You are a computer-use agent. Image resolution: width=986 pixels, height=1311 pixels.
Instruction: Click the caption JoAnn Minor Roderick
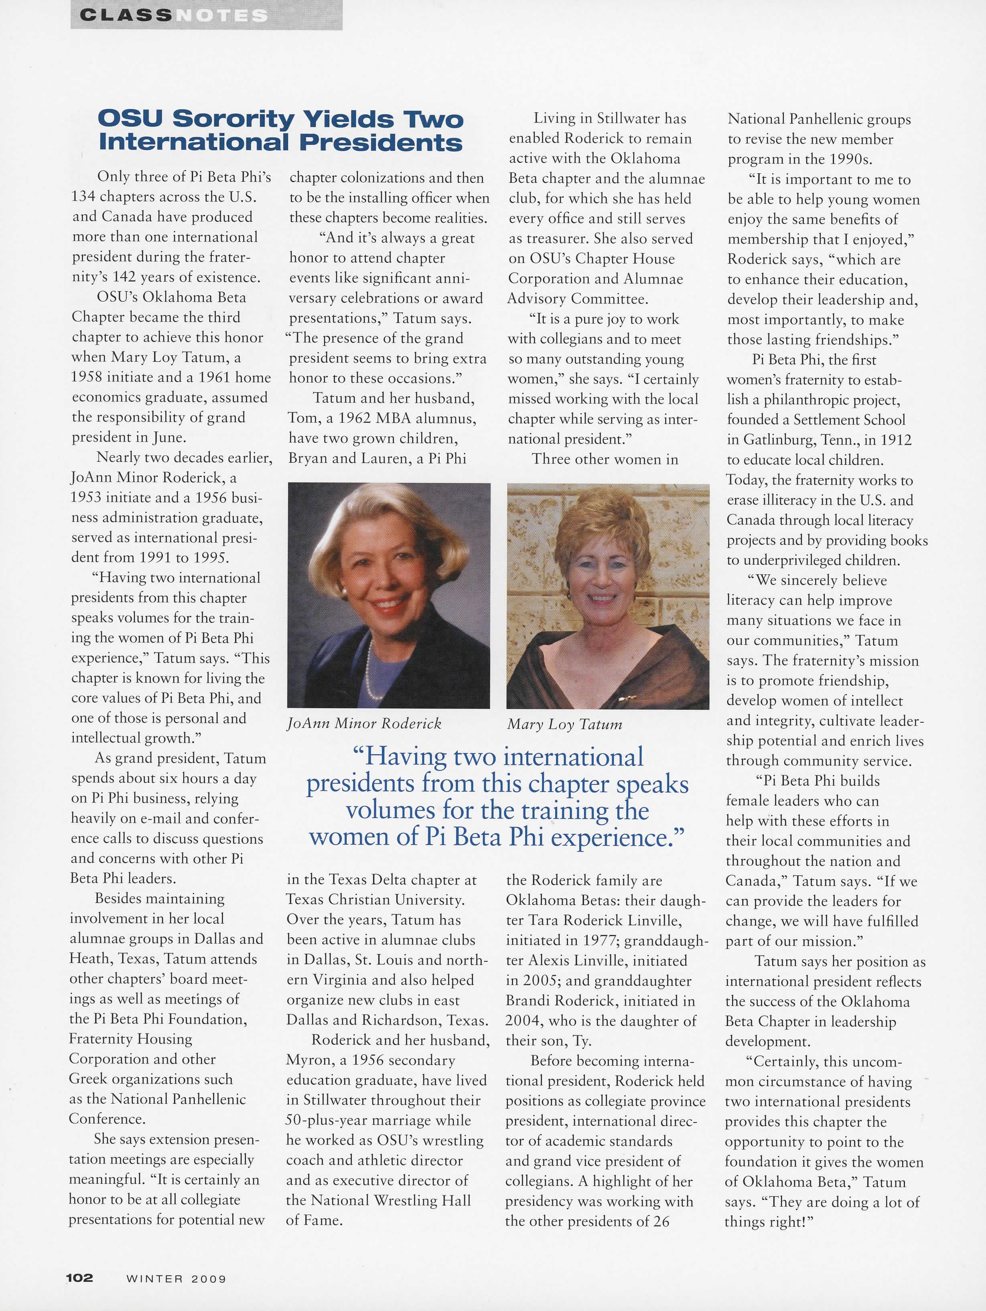coord(364,723)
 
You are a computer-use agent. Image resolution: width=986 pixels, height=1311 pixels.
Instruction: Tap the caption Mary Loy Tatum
coord(564,723)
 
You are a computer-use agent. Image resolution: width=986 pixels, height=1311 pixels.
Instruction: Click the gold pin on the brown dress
coord(624,699)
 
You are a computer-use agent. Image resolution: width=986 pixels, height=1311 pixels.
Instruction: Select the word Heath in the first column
coord(89,959)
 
